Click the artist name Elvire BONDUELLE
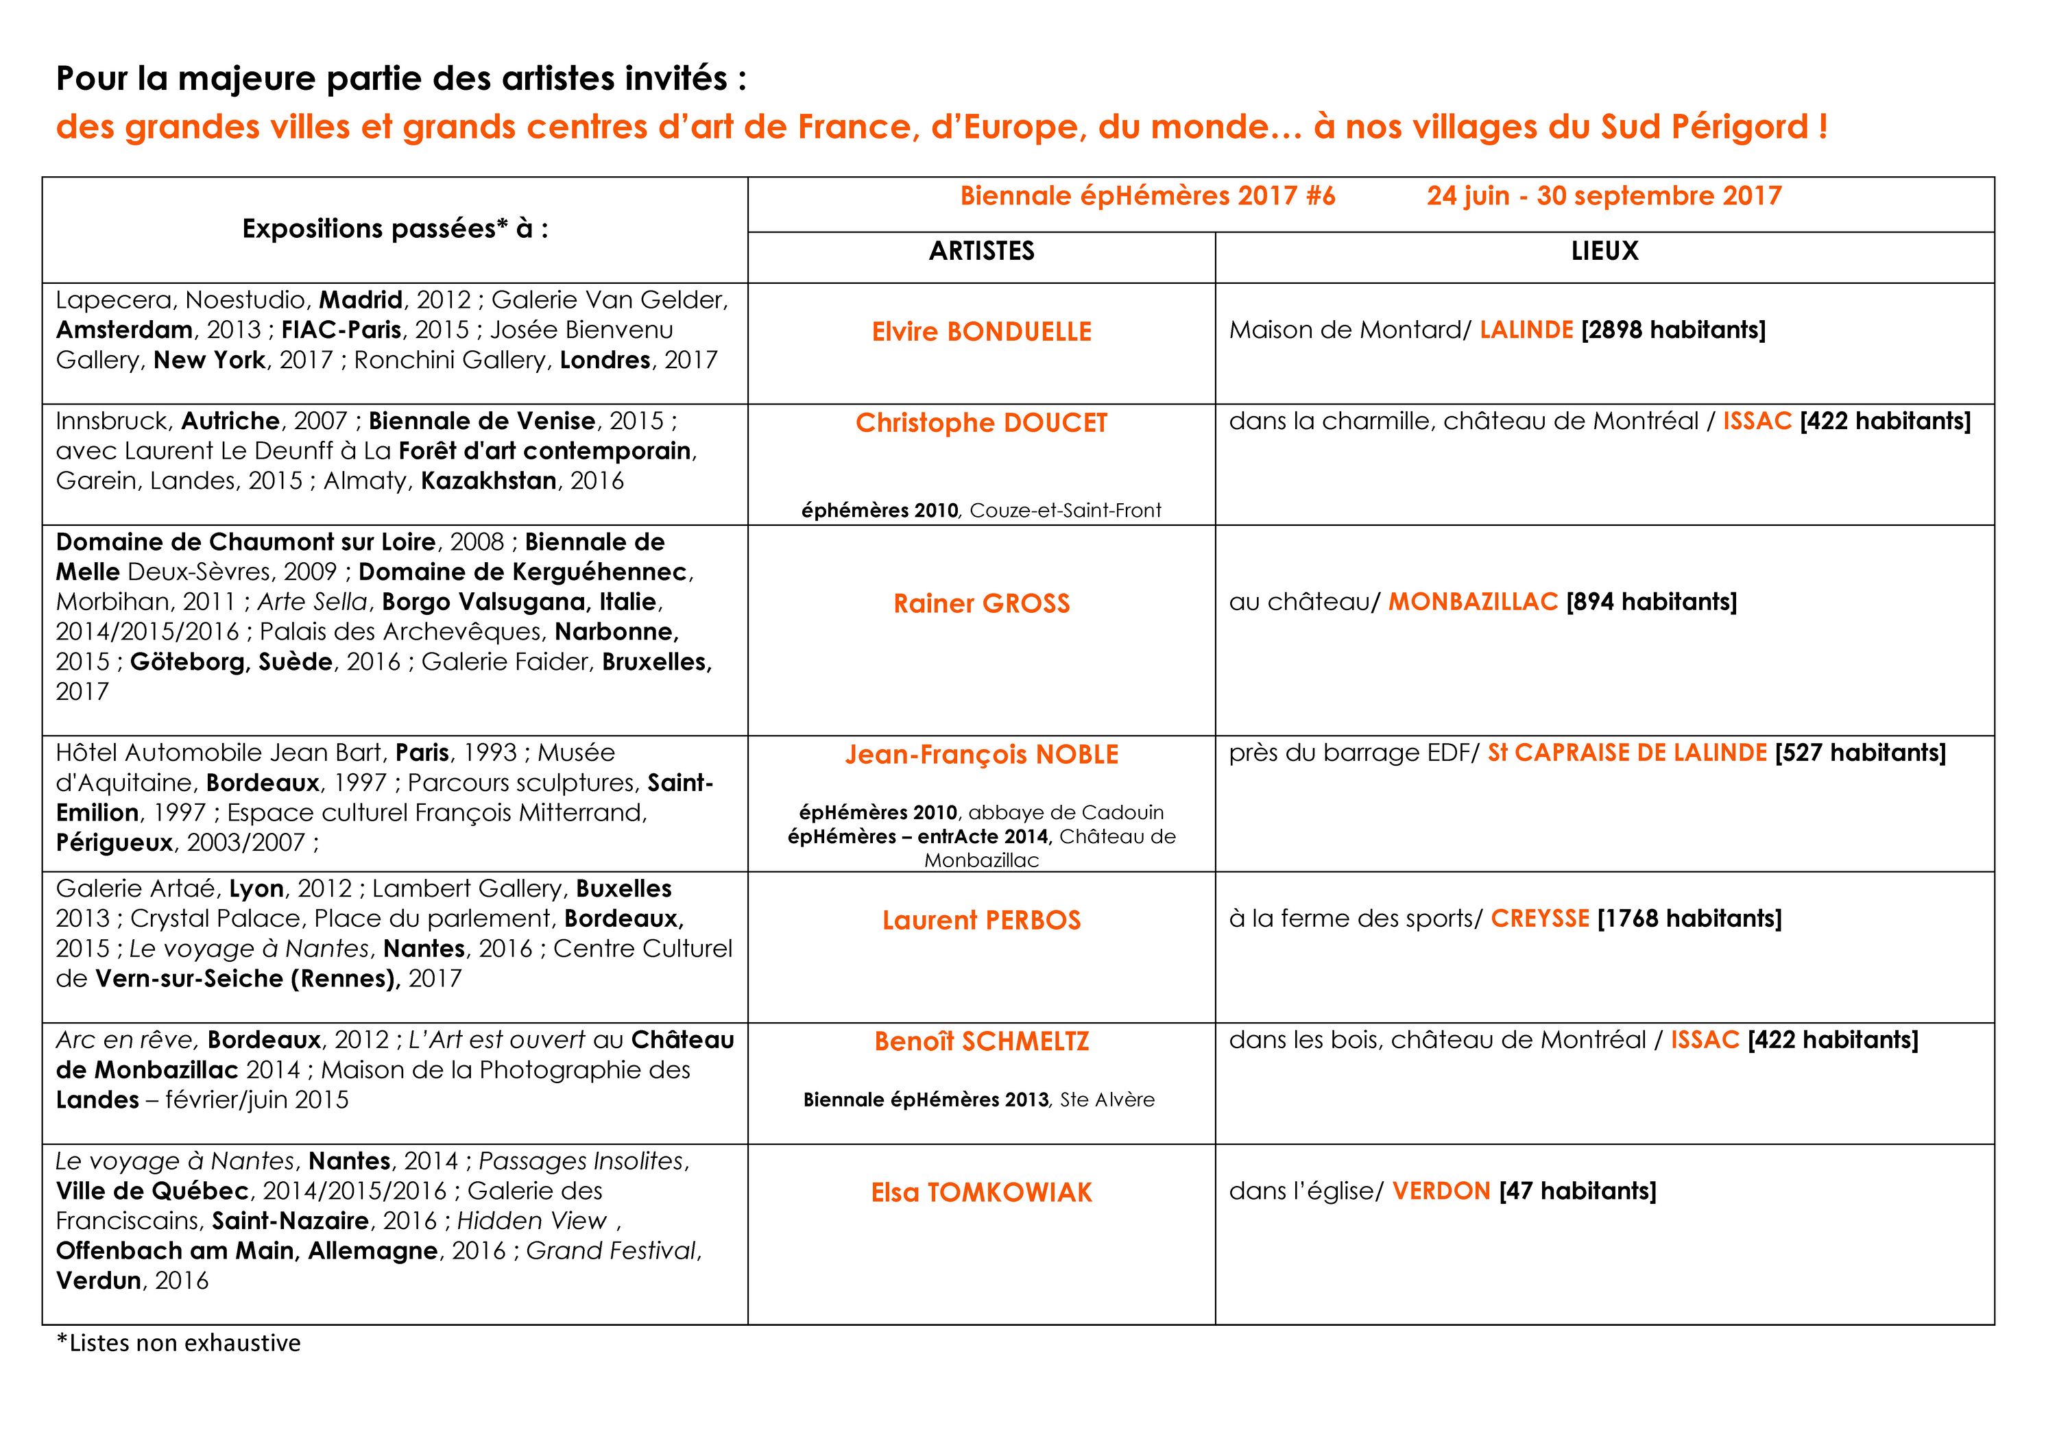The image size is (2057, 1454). pyautogui.click(x=981, y=332)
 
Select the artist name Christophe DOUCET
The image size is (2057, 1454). pyautogui.click(x=981, y=423)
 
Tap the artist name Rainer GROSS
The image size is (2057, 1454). pyautogui.click(x=981, y=603)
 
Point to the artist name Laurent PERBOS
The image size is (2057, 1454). pyautogui.click(x=981, y=920)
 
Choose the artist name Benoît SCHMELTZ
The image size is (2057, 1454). pyautogui.click(x=981, y=1041)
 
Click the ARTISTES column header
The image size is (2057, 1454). pyautogui.click(x=981, y=251)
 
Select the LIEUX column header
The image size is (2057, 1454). pyautogui.click(x=1604, y=251)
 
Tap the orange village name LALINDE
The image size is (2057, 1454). pyautogui.click(x=1526, y=330)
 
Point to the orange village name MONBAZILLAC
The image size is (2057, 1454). pyautogui.click(x=1473, y=601)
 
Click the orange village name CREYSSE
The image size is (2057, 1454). pyautogui.click(x=1539, y=919)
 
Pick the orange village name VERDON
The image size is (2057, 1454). pyautogui.click(x=1441, y=1191)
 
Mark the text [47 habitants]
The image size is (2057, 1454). pyautogui.click(x=1577, y=1191)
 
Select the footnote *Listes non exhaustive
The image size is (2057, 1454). pyautogui.click(x=178, y=1343)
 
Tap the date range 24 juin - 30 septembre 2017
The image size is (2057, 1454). pyautogui.click(x=1604, y=196)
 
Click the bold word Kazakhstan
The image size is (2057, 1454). pyautogui.click(x=488, y=481)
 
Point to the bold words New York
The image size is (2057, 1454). pyautogui.click(x=208, y=360)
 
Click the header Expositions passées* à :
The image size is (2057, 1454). pyautogui.click(x=395, y=230)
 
